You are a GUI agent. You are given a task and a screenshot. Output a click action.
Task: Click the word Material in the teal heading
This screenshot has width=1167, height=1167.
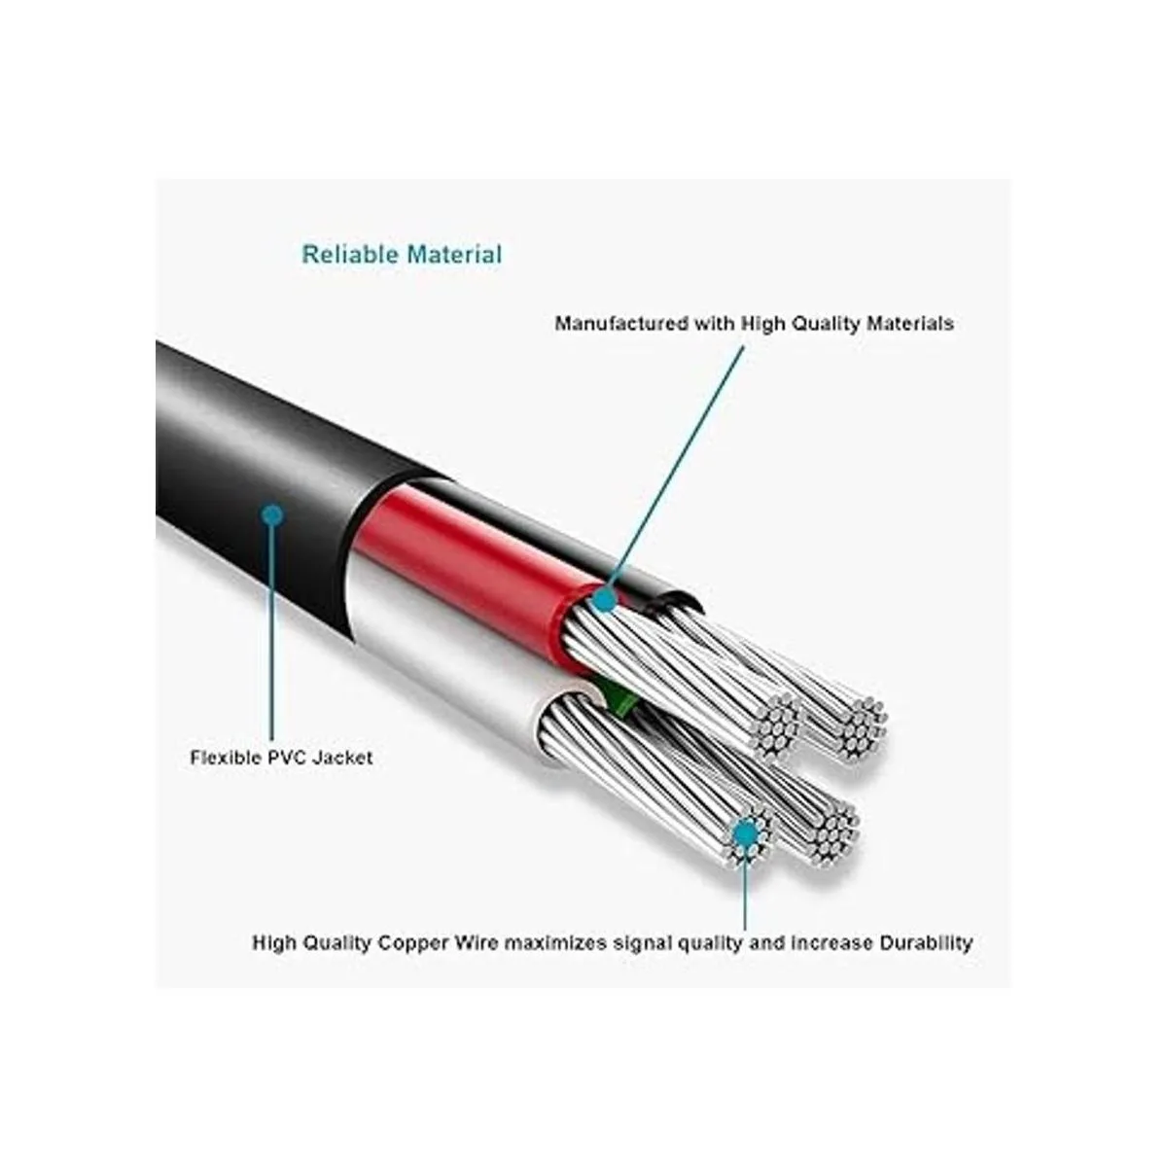pyautogui.click(x=454, y=255)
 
